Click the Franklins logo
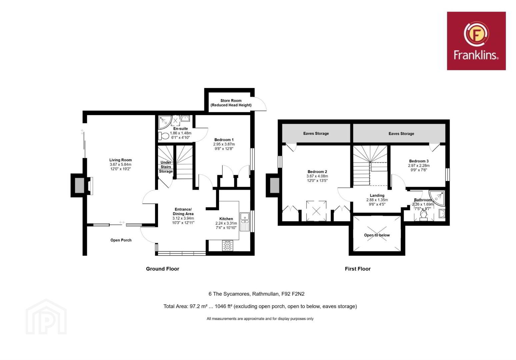click(476, 41)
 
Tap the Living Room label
click(120, 160)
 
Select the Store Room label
click(231, 101)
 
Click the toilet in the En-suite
click(164, 136)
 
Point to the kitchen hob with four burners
click(228, 245)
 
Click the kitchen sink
click(244, 221)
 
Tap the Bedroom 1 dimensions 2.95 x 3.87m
click(224, 144)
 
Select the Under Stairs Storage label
click(166, 167)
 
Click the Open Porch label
click(121, 240)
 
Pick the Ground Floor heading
click(162, 269)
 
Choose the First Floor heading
click(358, 269)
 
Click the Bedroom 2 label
click(317, 172)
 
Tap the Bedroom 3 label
click(419, 161)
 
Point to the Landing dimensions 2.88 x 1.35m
click(377, 200)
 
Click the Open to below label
click(377, 235)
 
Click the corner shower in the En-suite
click(165, 122)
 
